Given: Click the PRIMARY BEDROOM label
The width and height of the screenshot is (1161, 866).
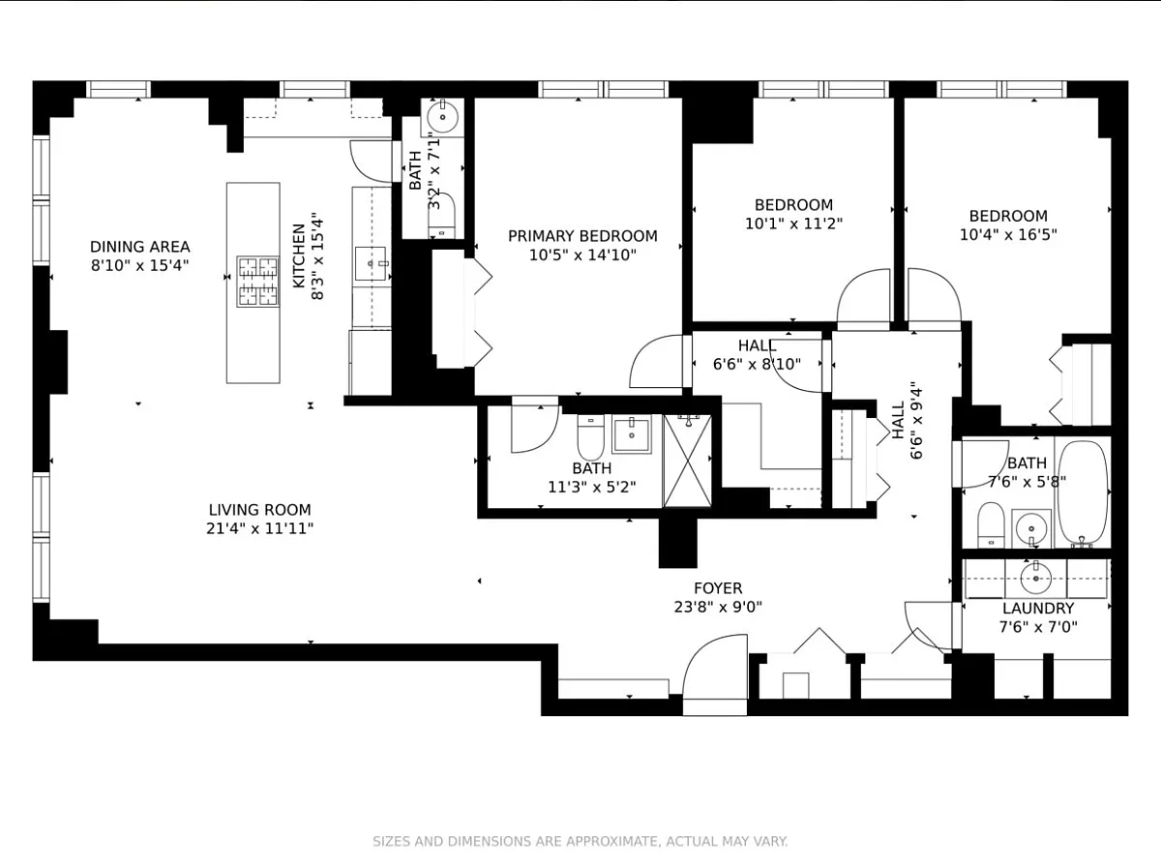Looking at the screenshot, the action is [x=582, y=236].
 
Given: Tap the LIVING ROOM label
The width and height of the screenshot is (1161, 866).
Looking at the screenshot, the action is [x=259, y=510].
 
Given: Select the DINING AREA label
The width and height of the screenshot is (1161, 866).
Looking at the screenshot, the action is [x=139, y=247].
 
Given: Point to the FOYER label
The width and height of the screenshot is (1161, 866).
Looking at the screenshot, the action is [x=718, y=588].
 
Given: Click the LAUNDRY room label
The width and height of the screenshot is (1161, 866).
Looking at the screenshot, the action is [x=1038, y=609].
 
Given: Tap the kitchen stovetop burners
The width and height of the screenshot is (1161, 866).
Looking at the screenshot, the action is [x=258, y=282].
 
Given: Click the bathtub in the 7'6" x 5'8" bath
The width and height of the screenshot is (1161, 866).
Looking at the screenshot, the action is [x=1083, y=493].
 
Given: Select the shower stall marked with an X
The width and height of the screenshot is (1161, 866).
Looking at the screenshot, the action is [x=688, y=462].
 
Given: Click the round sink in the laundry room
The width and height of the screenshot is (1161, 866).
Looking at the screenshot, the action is [x=1035, y=579].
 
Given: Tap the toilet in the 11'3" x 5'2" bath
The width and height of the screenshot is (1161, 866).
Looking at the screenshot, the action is [x=590, y=437].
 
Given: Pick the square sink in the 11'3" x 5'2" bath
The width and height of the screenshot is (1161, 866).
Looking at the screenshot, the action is [x=632, y=433].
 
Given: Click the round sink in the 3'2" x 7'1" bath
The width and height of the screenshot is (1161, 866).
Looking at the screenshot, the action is [x=442, y=117].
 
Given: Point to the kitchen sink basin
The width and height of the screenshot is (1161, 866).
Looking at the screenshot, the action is [x=371, y=263].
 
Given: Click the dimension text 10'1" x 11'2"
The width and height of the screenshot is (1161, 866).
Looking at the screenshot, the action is [x=793, y=224].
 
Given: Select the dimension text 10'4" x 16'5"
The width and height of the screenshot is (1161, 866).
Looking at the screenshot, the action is [x=1008, y=235].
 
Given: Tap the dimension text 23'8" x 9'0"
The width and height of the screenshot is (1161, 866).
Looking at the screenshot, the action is [x=718, y=607].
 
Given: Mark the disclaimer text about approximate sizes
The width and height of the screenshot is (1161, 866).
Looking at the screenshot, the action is [x=580, y=841].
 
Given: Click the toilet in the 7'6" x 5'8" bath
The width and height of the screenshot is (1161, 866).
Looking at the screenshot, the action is [x=991, y=524].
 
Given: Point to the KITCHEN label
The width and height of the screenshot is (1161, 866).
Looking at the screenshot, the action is [x=299, y=256].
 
